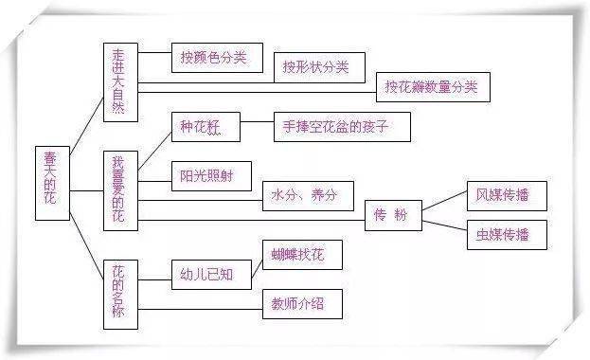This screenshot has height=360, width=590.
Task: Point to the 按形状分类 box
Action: (316, 67)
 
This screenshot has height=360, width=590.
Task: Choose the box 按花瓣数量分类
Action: (431, 87)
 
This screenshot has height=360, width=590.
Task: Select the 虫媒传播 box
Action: (496, 234)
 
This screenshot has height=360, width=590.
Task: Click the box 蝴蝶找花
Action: (301, 254)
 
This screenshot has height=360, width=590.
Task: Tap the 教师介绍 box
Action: (301, 304)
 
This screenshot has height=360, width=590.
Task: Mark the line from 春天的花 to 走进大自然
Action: (85, 121)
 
